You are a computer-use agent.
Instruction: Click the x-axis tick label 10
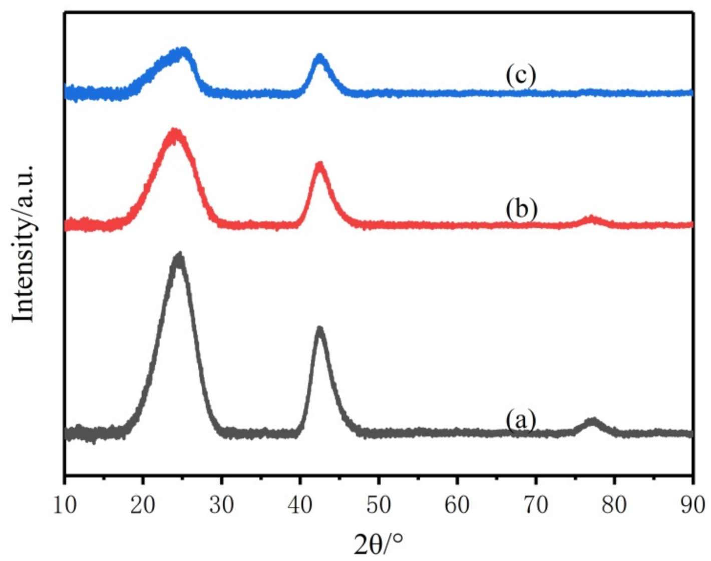click(x=65, y=505)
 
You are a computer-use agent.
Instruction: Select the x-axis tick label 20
click(x=143, y=505)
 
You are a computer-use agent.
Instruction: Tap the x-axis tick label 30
click(x=222, y=505)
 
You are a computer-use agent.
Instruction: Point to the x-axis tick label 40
click(x=300, y=505)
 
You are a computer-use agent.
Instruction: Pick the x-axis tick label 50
click(x=379, y=505)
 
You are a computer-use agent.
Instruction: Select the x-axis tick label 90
click(x=692, y=505)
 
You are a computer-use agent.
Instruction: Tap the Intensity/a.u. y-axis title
click(x=24, y=243)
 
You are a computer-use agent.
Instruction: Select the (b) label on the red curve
click(x=521, y=209)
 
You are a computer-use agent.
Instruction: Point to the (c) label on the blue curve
click(x=520, y=76)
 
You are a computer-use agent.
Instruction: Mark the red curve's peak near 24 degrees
click(x=175, y=132)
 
